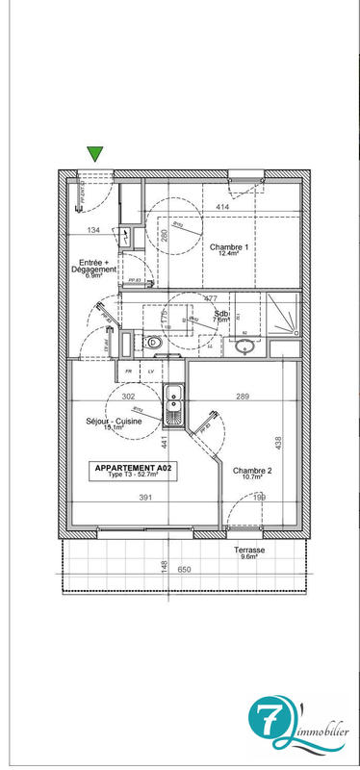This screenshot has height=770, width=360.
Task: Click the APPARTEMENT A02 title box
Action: tap(134, 471)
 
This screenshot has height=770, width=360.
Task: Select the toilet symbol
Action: tap(151, 341)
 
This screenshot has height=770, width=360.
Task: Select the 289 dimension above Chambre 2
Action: tap(243, 397)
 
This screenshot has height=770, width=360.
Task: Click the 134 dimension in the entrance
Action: tap(93, 231)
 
